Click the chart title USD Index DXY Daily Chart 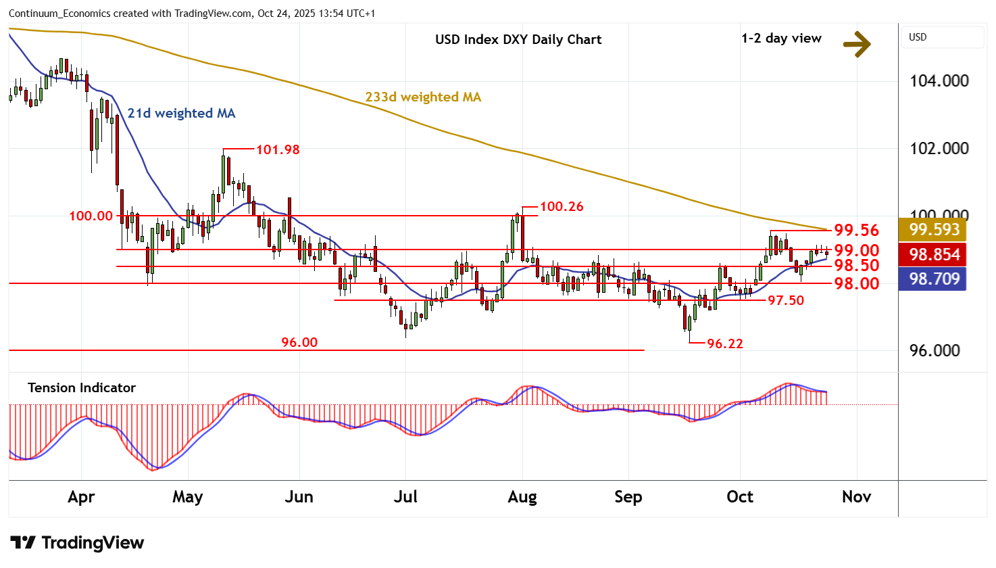tap(518, 39)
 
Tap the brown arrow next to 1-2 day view tap(857, 45)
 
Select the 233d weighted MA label tap(423, 97)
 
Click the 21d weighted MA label tap(181, 113)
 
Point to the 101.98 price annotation tap(277, 149)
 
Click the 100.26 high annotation tap(562, 206)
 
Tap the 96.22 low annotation tap(724, 344)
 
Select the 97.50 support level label tap(786, 300)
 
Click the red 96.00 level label tap(299, 342)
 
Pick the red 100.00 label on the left tap(91, 216)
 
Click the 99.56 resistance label tap(856, 231)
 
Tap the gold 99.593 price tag tap(933, 230)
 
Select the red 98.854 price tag tap(933, 254)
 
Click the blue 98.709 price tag tap(933, 279)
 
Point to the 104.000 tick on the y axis tap(939, 80)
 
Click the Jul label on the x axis tap(405, 497)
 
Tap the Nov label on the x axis tap(856, 497)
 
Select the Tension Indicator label tap(82, 387)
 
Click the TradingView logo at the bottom tap(77, 543)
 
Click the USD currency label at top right tap(918, 37)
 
